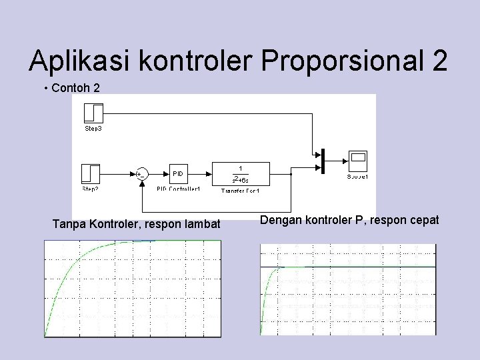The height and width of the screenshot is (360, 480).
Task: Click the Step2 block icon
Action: [x=90, y=173]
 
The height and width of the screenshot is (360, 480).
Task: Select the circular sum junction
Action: [x=141, y=174]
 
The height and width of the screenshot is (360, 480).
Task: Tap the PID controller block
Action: [x=178, y=173]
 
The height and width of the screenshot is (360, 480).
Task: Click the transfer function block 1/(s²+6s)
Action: [x=240, y=173]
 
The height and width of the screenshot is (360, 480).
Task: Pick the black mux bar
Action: [x=323, y=161]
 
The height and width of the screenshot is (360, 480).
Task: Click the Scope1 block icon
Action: [x=358, y=161]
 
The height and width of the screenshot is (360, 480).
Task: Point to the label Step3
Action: [x=93, y=128]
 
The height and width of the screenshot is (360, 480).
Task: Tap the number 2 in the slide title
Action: [x=439, y=61]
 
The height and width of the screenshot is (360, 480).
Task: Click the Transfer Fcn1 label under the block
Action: [x=240, y=191]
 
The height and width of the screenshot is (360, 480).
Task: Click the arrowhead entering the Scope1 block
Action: [x=345, y=161]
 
